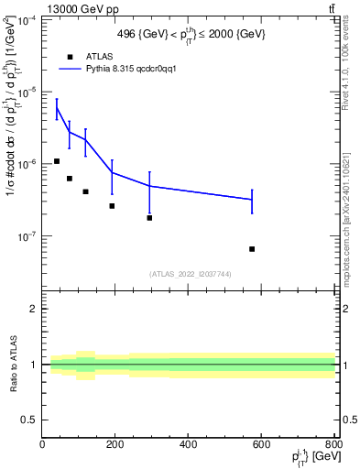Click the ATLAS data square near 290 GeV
click(149, 218)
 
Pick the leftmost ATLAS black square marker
click(57, 161)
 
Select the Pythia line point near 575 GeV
click(252, 200)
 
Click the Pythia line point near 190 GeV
click(112, 172)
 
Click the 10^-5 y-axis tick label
click(27, 92)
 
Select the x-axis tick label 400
click(189, 444)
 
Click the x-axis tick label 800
click(332, 444)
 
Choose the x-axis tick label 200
click(115, 444)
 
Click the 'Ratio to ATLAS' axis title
click(13, 365)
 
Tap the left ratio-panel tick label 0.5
click(29, 420)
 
